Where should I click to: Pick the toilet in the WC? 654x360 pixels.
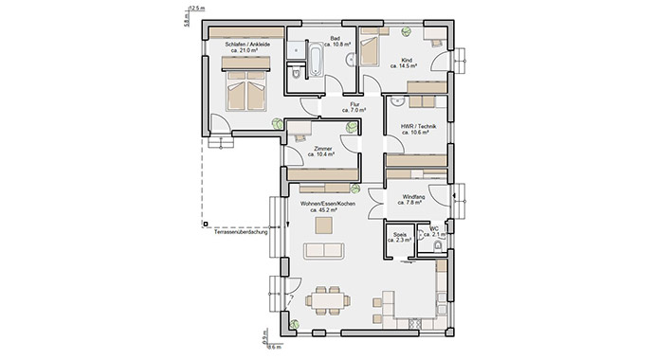pos(437,246)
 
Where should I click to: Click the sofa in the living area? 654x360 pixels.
pos(324,250)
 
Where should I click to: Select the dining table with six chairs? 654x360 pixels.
pos(326,300)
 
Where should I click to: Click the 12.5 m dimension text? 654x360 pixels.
pos(197,8)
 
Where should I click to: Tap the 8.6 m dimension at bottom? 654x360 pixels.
pos(275,348)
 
